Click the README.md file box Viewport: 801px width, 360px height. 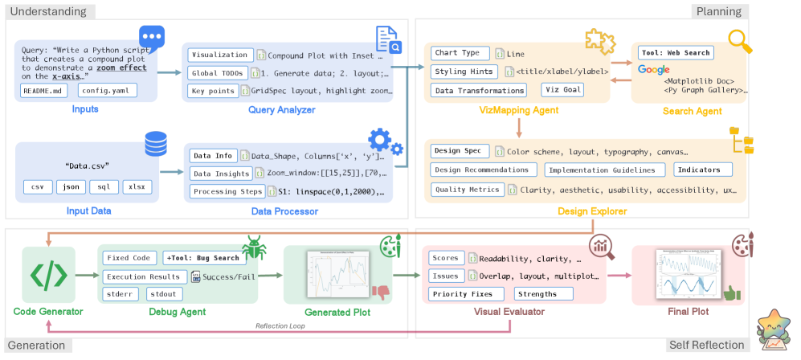point(43,91)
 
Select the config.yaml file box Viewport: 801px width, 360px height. point(107,91)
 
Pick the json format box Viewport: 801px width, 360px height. point(71,186)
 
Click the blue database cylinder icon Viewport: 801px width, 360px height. point(154,146)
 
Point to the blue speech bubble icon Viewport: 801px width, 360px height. point(151,37)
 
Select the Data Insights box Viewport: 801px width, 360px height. point(220,172)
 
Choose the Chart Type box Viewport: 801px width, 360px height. point(458,53)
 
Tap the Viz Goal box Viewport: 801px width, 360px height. point(562,90)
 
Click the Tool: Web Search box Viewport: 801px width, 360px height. point(675,53)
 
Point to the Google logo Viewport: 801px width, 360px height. point(653,70)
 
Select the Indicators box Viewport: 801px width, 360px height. point(703,170)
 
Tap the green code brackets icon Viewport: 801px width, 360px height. point(48,275)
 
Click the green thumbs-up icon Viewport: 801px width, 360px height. point(730,293)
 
